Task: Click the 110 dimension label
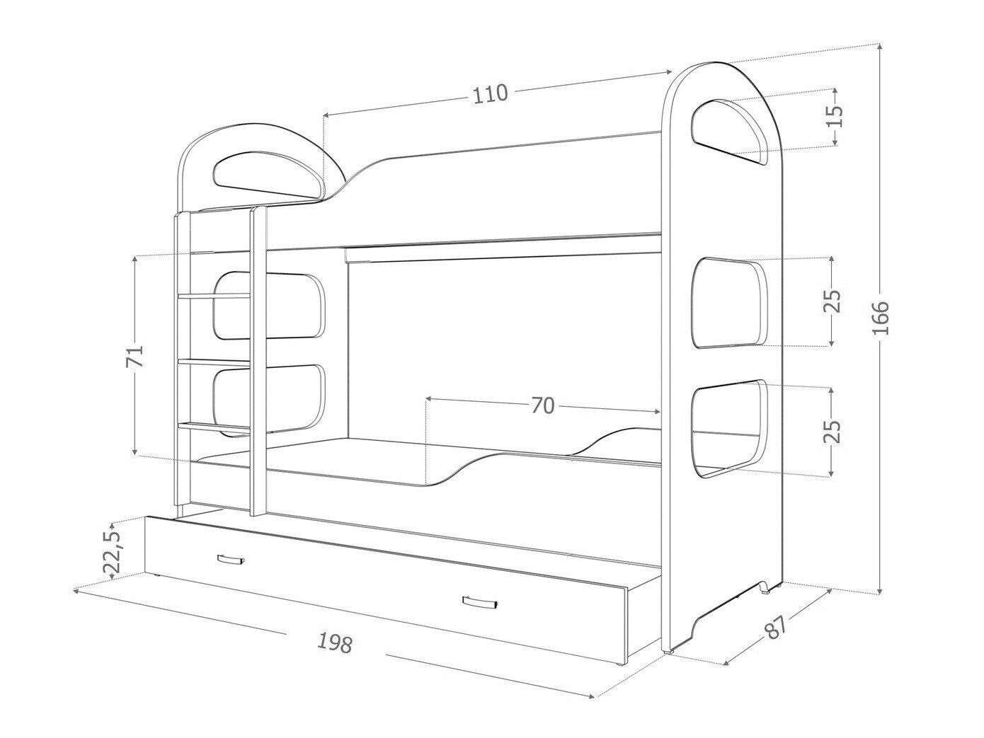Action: coord(491,93)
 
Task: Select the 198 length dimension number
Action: coord(335,643)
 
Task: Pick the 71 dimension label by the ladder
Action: coord(135,356)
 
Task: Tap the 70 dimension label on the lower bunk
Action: coord(543,405)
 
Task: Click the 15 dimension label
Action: coord(834,116)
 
